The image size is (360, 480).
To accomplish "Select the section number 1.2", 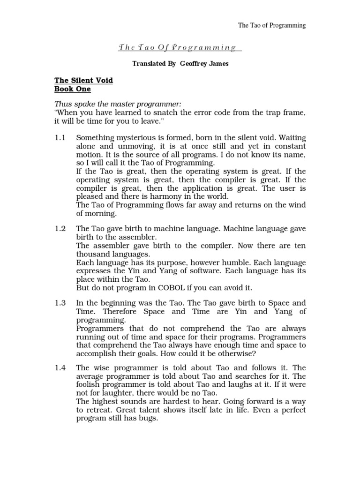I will pos(60,228).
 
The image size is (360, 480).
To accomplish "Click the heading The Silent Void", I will pos(84,81).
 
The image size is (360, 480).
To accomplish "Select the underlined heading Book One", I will pos(73,89).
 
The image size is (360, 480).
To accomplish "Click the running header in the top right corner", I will pos(272,26).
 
